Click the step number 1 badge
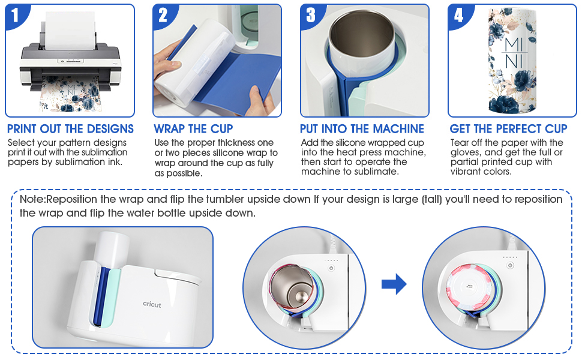tap(15, 15)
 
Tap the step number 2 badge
tap(163, 15)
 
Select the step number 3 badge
tap(311, 15)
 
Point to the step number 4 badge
tap(458, 15)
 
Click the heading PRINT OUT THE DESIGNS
tap(71, 129)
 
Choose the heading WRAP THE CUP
tap(193, 129)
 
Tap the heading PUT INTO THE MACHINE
tap(362, 129)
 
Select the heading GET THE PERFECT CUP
tap(509, 129)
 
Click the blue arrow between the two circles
tap(394, 284)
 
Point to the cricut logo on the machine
tap(152, 304)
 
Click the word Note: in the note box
tap(32, 199)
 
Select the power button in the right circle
tap(510, 265)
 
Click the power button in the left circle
tap(331, 268)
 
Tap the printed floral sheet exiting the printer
tap(70, 93)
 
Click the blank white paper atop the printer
tap(70, 31)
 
